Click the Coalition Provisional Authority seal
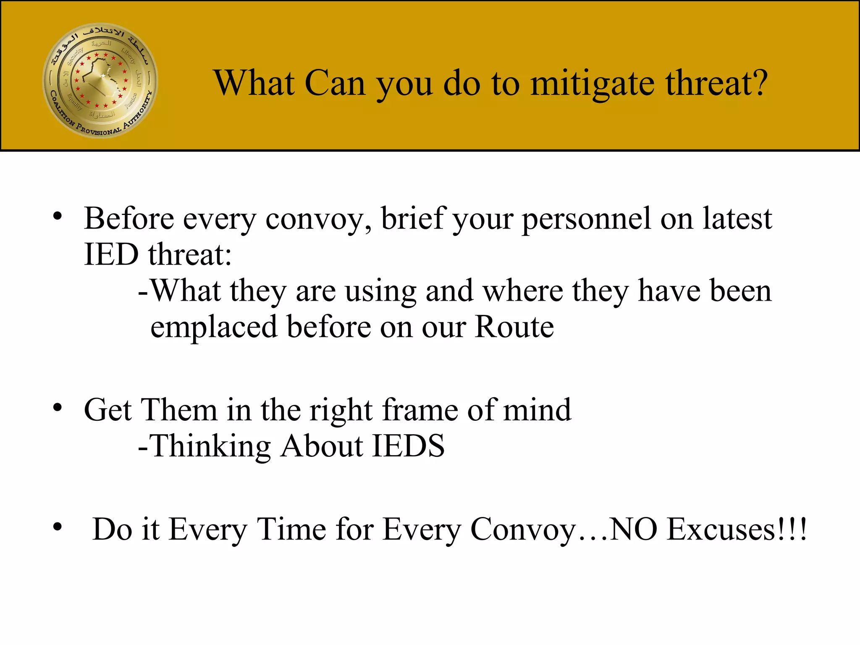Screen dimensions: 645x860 click(100, 80)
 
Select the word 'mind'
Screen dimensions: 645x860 click(537, 410)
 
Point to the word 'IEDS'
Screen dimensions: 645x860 click(408, 446)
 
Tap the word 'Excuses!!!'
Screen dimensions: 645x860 click(737, 529)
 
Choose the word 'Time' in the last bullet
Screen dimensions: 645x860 click(291, 529)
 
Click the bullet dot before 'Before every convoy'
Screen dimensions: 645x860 click(58, 217)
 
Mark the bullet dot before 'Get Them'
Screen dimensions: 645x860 click(58, 407)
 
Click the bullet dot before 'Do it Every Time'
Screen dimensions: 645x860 click(58, 527)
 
